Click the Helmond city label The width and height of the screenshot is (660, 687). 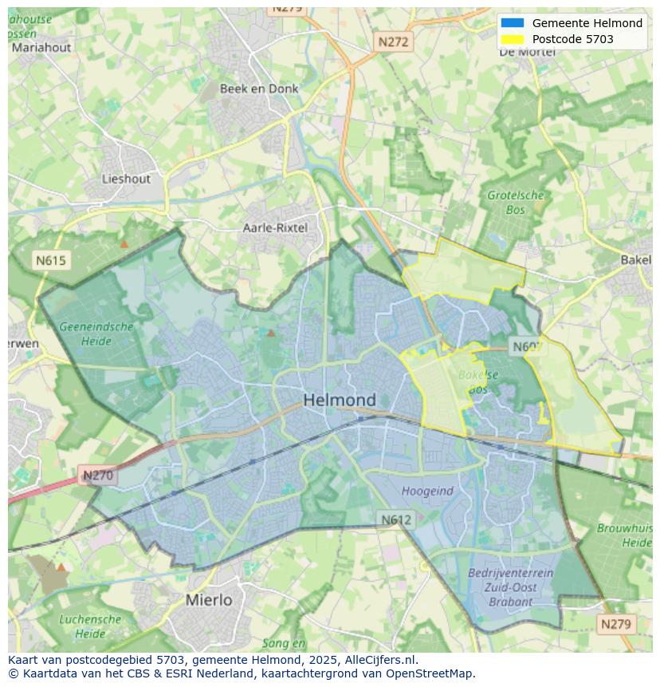339,400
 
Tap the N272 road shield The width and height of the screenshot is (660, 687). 393,41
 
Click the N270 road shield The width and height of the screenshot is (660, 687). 98,476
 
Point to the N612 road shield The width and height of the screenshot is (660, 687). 395,519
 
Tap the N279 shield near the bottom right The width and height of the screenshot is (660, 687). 616,624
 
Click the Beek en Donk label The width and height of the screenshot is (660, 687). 259,89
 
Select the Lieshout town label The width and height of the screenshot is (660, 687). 126,179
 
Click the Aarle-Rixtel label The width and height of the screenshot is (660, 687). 275,227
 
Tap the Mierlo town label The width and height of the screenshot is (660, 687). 209,599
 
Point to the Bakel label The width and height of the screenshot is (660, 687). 636,260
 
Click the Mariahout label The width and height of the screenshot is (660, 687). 41,47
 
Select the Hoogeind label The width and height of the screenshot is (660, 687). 427,492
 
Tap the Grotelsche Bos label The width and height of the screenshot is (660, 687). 515,202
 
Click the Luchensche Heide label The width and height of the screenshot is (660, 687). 90,626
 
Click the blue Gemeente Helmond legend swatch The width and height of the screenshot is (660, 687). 513,23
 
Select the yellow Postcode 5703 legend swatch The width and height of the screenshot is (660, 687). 513,39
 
